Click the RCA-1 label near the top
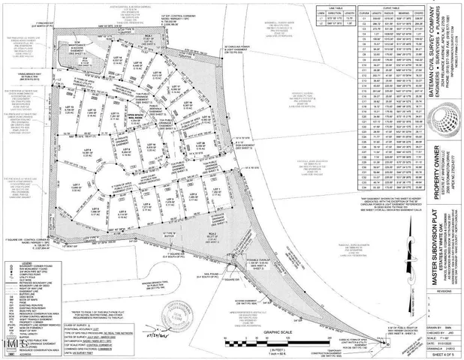click(149, 35)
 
